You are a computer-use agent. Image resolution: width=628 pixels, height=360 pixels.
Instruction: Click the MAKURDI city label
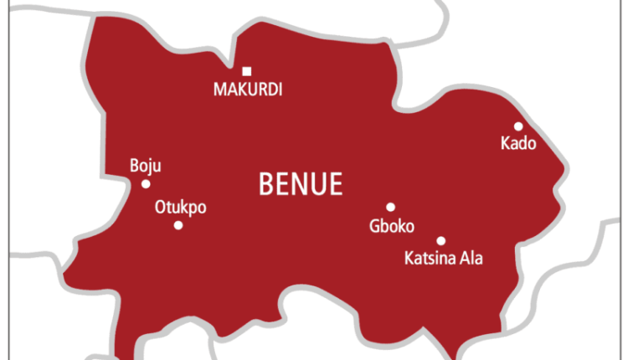246,90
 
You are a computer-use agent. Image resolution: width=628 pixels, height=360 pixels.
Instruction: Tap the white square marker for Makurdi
246,71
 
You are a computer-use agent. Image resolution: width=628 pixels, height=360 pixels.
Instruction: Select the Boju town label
146,166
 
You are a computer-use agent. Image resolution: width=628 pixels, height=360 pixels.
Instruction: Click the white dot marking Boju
146,184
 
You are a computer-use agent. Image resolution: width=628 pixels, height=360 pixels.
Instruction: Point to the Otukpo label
180,208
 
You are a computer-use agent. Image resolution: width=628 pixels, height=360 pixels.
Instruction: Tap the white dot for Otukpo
178,225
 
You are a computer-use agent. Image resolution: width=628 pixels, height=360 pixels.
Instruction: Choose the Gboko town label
391,226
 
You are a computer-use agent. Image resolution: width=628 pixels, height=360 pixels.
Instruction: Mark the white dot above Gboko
390,207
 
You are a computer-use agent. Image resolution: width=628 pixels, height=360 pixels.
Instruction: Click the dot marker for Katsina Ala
441,240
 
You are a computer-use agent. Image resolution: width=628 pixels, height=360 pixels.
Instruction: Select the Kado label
517,144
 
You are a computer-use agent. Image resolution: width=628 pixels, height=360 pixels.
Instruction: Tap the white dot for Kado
518,126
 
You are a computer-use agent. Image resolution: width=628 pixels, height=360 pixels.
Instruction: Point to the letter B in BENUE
269,184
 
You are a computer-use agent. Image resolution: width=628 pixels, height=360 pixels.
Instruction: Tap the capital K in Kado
505,144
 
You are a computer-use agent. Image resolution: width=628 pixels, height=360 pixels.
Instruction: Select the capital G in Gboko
374,226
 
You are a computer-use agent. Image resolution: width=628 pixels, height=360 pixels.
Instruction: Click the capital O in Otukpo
160,208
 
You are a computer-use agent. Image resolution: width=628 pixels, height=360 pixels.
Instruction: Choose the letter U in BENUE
319,184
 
